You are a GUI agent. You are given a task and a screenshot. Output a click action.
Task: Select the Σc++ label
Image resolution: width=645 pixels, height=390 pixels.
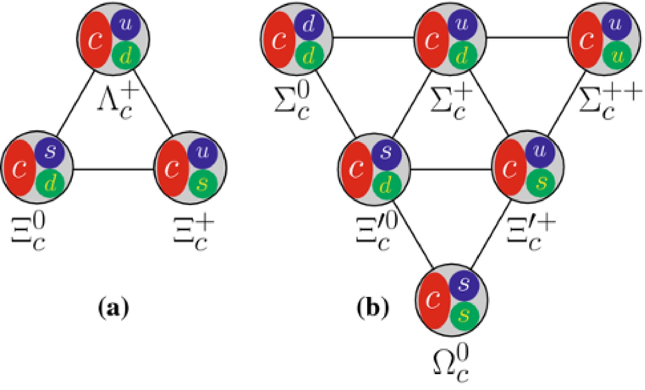[609, 103]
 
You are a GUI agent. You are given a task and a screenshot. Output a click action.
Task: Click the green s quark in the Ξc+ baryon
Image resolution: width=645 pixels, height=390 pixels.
[203, 183]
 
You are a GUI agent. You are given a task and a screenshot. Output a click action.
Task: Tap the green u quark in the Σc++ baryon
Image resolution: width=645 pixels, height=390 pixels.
[617, 56]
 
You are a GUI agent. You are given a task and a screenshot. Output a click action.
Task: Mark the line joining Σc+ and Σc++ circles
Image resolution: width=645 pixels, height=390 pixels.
[527, 38]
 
